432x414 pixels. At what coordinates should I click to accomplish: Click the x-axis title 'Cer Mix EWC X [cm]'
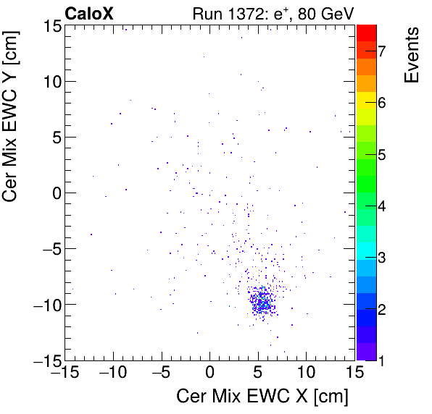262,397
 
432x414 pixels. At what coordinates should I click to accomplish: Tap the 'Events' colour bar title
411,55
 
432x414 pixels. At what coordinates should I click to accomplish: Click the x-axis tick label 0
209,373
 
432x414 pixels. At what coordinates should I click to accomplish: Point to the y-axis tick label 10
50,81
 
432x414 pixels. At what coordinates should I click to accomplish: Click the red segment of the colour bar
366,32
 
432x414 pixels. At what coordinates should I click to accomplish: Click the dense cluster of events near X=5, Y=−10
261,302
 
